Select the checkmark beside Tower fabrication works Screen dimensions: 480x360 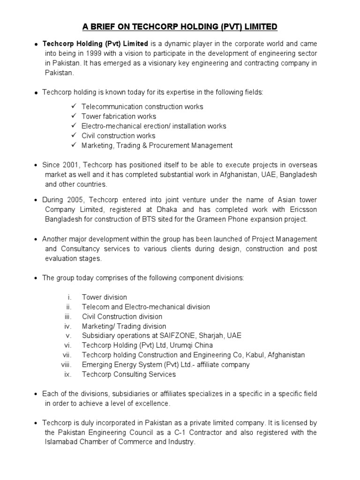[x=74, y=116]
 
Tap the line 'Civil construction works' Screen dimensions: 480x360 [x=118, y=136]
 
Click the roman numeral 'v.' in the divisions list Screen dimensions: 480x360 [x=69, y=336]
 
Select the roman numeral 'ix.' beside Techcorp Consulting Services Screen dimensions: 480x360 [x=68, y=374]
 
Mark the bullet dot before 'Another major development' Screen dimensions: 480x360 [x=36, y=240]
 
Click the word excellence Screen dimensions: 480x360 [x=153, y=403]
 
